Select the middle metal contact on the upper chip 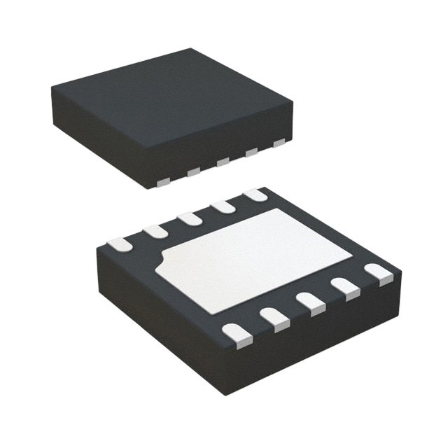pos(223,162)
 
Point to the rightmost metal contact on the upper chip pos(279,143)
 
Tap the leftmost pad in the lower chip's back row pos(118,244)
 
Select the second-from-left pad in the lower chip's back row pos(155,230)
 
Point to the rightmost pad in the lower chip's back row pos(255,196)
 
